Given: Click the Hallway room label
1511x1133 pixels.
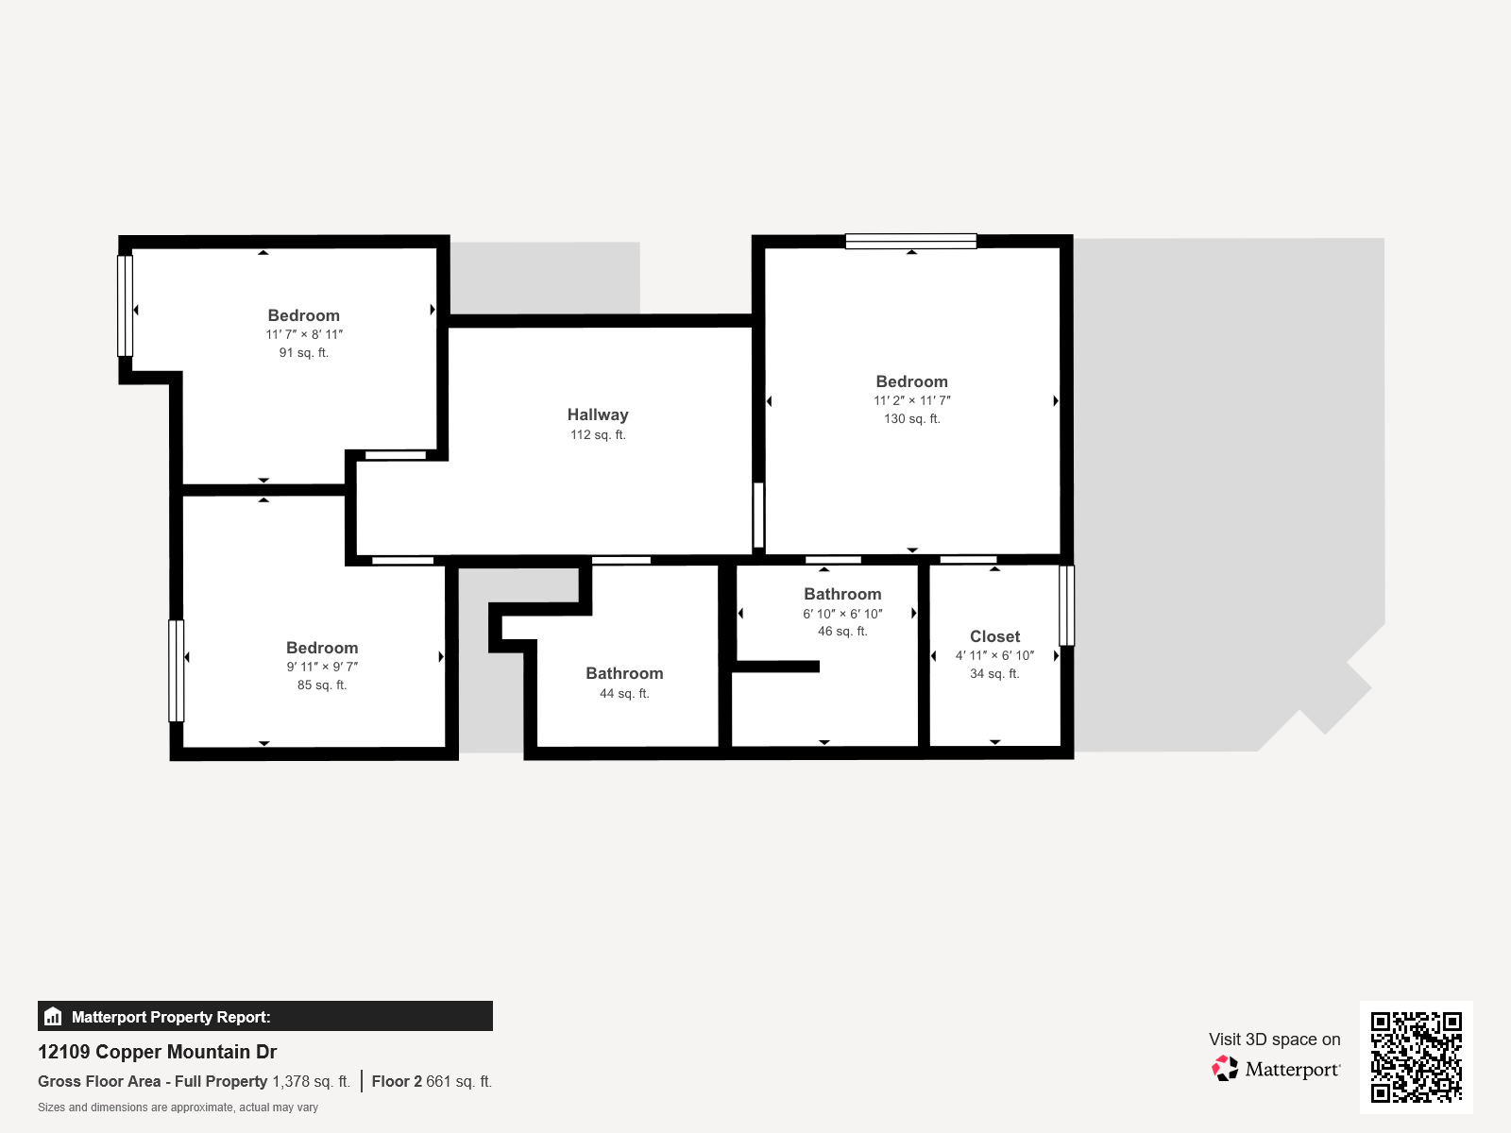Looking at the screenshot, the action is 598,414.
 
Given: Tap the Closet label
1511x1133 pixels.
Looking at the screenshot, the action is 994,636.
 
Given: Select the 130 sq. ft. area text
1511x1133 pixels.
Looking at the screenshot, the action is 911,418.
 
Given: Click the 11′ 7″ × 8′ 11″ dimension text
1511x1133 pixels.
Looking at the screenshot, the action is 304,334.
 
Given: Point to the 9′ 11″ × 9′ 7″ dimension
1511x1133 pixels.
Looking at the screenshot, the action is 322,667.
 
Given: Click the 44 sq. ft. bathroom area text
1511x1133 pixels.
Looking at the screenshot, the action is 624,693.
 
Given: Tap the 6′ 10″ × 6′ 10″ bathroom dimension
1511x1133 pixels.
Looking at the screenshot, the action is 842,614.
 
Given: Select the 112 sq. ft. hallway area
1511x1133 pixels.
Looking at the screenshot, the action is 598,434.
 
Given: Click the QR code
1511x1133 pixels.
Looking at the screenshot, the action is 1416,1057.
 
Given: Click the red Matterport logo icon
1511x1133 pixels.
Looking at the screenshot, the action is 1224,1069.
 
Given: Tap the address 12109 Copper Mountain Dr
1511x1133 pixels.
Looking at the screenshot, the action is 157,1052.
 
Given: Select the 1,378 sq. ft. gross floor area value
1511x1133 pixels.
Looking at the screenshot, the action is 311,1081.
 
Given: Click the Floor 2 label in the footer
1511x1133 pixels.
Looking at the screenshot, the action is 397,1081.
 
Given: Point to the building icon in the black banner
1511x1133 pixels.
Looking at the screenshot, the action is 53,1016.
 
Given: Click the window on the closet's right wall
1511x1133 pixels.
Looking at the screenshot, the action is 1066,605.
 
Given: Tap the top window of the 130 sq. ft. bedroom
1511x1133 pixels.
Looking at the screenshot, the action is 910,241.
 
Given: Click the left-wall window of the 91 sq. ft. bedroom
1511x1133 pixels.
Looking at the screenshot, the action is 126,305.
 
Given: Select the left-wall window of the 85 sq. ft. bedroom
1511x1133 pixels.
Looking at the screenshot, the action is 177,670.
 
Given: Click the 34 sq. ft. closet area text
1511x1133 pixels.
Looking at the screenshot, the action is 994,673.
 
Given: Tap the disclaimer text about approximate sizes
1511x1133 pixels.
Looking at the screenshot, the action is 178,1108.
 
